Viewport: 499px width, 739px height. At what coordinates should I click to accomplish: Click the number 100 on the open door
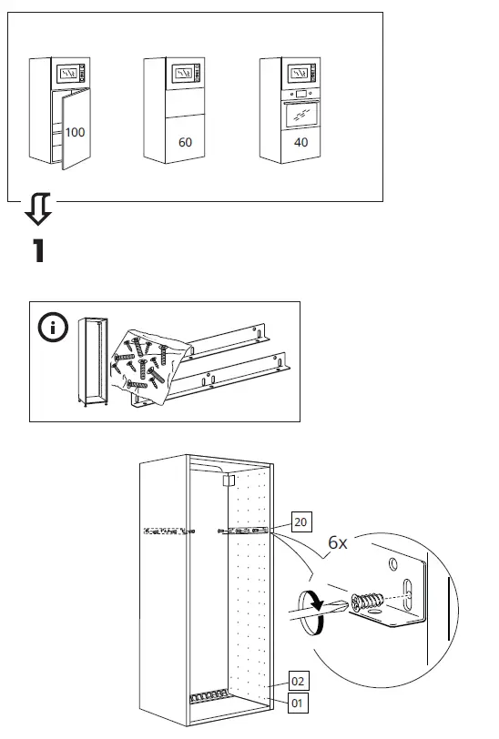pyautogui.click(x=75, y=133)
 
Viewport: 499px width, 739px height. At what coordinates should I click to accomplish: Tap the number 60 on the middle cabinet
pyautogui.click(x=185, y=142)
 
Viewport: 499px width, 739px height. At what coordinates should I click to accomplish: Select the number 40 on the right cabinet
pyautogui.click(x=300, y=142)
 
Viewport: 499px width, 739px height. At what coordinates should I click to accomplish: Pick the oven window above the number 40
pyautogui.click(x=301, y=115)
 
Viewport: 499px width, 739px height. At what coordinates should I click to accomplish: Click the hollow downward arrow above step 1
pyautogui.click(x=38, y=208)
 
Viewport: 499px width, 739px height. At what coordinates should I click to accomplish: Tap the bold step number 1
pyautogui.click(x=38, y=250)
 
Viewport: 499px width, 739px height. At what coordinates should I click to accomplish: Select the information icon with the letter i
pyautogui.click(x=53, y=327)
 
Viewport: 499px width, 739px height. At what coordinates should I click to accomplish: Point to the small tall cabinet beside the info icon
pyautogui.click(x=93, y=361)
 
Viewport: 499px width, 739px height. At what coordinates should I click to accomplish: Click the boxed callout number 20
pyautogui.click(x=300, y=521)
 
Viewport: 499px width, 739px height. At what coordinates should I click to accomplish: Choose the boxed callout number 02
pyautogui.click(x=298, y=681)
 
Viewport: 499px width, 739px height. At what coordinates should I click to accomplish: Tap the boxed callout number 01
pyautogui.click(x=297, y=704)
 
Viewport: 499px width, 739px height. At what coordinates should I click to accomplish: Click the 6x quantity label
pyautogui.click(x=338, y=542)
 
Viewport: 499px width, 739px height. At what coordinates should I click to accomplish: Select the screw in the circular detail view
pyautogui.click(x=367, y=602)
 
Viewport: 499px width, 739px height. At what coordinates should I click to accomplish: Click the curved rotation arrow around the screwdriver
pyautogui.click(x=312, y=612)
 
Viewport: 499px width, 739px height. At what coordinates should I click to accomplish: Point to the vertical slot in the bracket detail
pyautogui.click(x=407, y=592)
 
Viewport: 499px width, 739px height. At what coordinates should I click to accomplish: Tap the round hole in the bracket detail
pyautogui.click(x=392, y=563)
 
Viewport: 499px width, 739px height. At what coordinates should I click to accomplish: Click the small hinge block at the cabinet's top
pyautogui.click(x=229, y=481)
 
